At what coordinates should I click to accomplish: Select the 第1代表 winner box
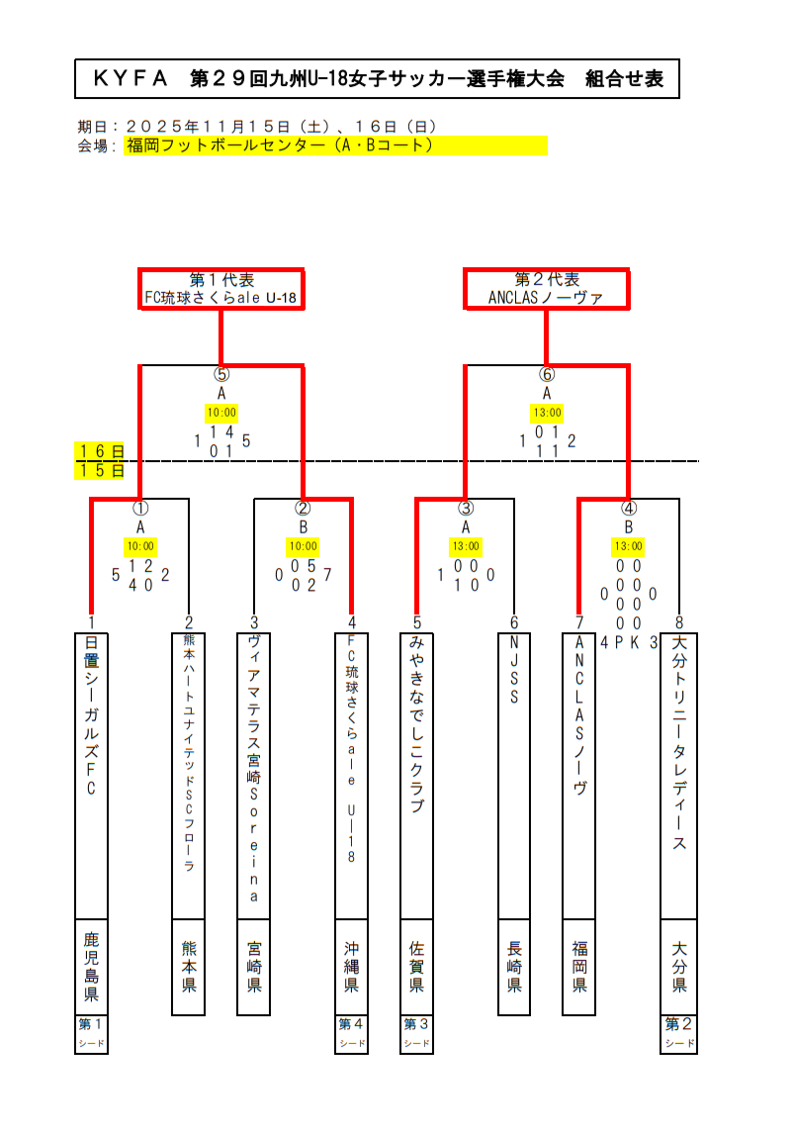click(221, 288)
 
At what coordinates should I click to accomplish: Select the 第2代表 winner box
click(546, 288)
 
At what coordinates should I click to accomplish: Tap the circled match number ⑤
click(221, 374)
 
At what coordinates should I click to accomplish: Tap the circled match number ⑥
click(547, 374)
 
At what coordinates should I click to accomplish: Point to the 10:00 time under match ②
click(304, 545)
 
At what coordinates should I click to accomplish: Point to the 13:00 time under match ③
click(466, 545)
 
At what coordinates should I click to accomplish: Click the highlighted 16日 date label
click(101, 452)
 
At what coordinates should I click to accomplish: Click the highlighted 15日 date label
click(101, 470)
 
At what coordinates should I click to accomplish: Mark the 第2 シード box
click(679, 1034)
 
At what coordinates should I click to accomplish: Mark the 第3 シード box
click(416, 1034)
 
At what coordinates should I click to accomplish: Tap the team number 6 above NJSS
click(514, 622)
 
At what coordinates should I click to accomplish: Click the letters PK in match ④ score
click(629, 641)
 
